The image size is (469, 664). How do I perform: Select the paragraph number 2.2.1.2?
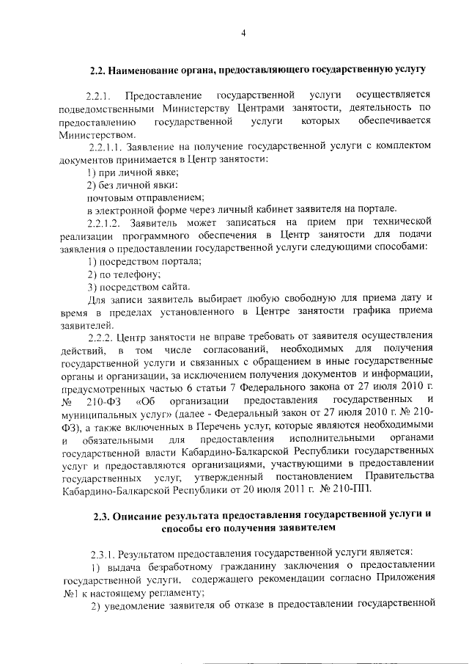pos(106,222)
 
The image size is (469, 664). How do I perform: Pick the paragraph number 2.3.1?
pos(100,551)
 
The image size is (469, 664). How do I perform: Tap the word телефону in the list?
pos(118,273)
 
